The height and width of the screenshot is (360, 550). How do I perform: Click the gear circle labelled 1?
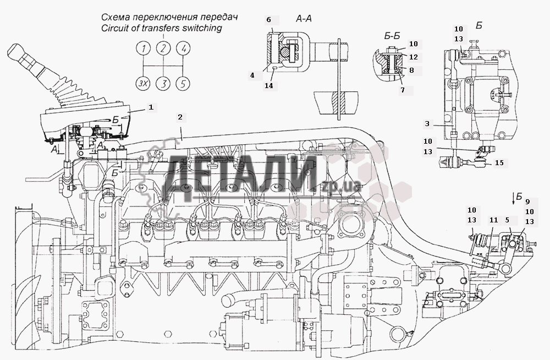click(x=144, y=49)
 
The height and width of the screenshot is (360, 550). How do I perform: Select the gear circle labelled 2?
click(x=163, y=49)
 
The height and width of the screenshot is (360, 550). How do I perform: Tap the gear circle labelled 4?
click(x=184, y=49)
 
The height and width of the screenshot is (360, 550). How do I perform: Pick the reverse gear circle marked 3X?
click(x=144, y=84)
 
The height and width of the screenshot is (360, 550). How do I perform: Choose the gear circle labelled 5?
click(x=184, y=84)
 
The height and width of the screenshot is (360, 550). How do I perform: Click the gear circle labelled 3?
click(x=163, y=84)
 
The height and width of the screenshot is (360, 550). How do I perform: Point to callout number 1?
click(x=150, y=106)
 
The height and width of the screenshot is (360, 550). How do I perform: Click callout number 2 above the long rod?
click(x=180, y=117)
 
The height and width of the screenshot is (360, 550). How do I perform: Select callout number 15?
click(x=498, y=163)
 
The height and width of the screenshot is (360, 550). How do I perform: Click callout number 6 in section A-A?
click(x=269, y=20)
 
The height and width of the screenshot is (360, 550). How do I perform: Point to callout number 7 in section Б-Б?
click(x=402, y=90)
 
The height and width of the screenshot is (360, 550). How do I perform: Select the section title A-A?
click(x=304, y=19)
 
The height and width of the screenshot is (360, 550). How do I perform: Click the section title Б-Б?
click(x=391, y=36)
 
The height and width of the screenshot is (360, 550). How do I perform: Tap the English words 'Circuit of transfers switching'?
click(x=157, y=29)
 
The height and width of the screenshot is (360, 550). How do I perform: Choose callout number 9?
click(x=527, y=201)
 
